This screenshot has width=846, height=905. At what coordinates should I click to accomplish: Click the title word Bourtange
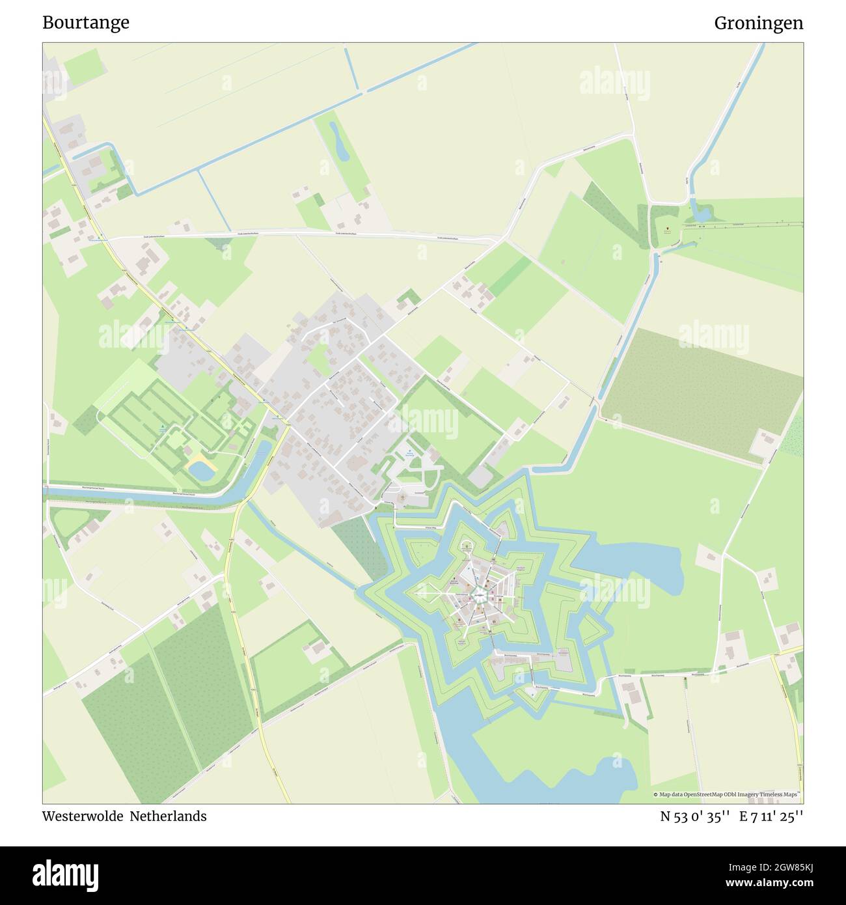coord(86,23)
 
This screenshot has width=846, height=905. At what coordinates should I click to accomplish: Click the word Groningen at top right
coord(758,23)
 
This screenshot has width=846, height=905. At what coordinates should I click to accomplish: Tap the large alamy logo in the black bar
coord(65,874)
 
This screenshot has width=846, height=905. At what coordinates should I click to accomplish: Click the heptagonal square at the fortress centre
coord(479,594)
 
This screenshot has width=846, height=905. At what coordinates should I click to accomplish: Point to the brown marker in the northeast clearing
coord(667,229)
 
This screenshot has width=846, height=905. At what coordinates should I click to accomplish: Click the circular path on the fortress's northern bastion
coord(467,546)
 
